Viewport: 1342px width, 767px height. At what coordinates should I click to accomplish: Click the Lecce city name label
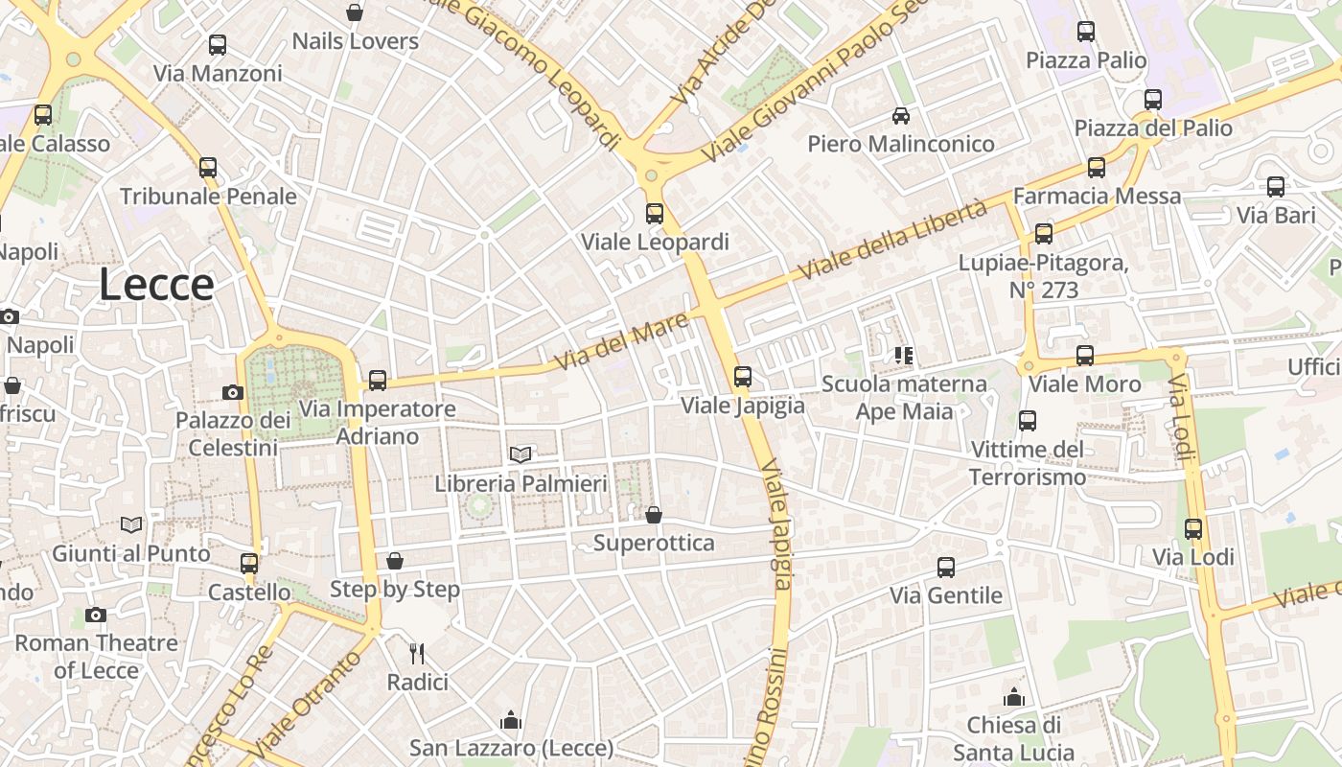click(x=156, y=285)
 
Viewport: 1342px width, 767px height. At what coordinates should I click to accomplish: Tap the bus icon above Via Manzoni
click(x=218, y=45)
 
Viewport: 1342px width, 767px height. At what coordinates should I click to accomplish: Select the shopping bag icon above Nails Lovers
click(x=355, y=12)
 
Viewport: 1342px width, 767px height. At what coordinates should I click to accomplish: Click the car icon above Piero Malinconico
click(x=901, y=116)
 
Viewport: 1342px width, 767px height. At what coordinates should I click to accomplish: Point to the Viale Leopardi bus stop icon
click(x=655, y=214)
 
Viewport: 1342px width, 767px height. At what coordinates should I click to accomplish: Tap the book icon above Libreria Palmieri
click(x=521, y=454)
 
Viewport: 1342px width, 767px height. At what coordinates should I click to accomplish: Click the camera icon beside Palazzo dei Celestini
click(x=232, y=392)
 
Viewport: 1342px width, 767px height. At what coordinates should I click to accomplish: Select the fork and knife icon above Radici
click(x=417, y=654)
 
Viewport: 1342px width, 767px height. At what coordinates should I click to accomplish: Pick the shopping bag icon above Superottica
click(x=654, y=516)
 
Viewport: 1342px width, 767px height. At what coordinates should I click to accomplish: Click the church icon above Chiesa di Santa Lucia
click(x=1013, y=696)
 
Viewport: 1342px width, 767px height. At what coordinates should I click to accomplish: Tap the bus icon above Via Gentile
click(x=946, y=568)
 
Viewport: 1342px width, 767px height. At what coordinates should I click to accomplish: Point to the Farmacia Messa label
click(x=1098, y=196)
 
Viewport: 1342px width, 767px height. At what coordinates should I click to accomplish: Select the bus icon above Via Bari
click(x=1276, y=187)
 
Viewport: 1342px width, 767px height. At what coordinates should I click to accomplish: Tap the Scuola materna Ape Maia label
click(x=904, y=398)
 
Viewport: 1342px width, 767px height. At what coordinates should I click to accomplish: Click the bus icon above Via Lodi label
click(x=1193, y=529)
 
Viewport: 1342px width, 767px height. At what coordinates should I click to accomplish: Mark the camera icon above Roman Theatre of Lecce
click(x=95, y=615)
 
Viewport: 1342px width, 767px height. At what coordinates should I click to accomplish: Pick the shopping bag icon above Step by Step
click(x=395, y=561)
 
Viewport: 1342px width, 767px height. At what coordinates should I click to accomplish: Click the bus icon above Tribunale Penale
click(x=208, y=168)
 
